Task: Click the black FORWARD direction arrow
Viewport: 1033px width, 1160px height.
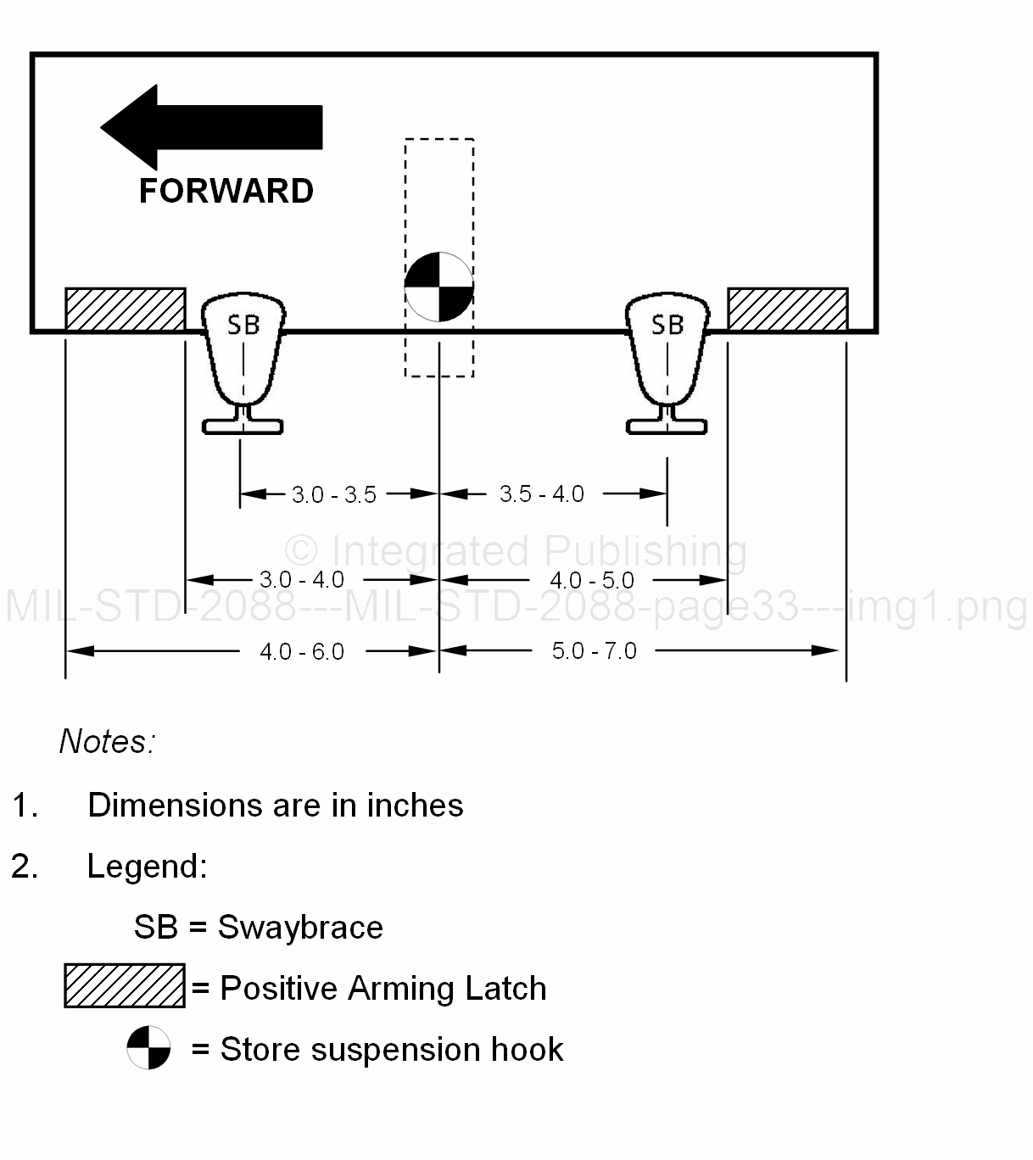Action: click(x=211, y=127)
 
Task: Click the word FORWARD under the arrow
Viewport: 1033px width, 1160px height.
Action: click(x=226, y=192)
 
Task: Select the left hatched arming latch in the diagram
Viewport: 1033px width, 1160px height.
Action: click(x=126, y=310)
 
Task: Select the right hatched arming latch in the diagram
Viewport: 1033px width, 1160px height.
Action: click(x=787, y=310)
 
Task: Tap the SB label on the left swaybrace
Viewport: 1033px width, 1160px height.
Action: click(x=243, y=325)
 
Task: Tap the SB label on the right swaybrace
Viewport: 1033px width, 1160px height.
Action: click(x=667, y=325)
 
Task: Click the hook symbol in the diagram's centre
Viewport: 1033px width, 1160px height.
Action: click(x=438, y=287)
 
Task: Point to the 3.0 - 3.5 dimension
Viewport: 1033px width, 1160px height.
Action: click(x=334, y=494)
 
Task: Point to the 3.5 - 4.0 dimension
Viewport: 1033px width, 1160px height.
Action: click(x=542, y=494)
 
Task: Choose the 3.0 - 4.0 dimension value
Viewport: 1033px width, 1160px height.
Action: click(x=302, y=580)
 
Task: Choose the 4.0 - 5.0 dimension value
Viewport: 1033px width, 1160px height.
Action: click(x=592, y=581)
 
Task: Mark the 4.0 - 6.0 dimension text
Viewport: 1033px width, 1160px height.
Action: click(x=302, y=652)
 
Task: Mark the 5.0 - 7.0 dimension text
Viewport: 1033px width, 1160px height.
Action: click(x=595, y=651)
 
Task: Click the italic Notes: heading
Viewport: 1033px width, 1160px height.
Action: click(x=108, y=742)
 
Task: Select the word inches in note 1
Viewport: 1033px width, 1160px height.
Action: click(x=415, y=806)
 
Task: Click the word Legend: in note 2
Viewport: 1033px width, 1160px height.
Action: click(x=148, y=867)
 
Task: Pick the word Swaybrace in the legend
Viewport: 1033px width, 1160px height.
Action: click(x=300, y=928)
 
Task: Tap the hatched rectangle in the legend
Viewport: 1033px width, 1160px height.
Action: click(x=125, y=986)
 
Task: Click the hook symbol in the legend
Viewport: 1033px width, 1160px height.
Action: click(x=148, y=1048)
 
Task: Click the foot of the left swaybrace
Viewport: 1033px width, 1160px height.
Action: click(x=243, y=425)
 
